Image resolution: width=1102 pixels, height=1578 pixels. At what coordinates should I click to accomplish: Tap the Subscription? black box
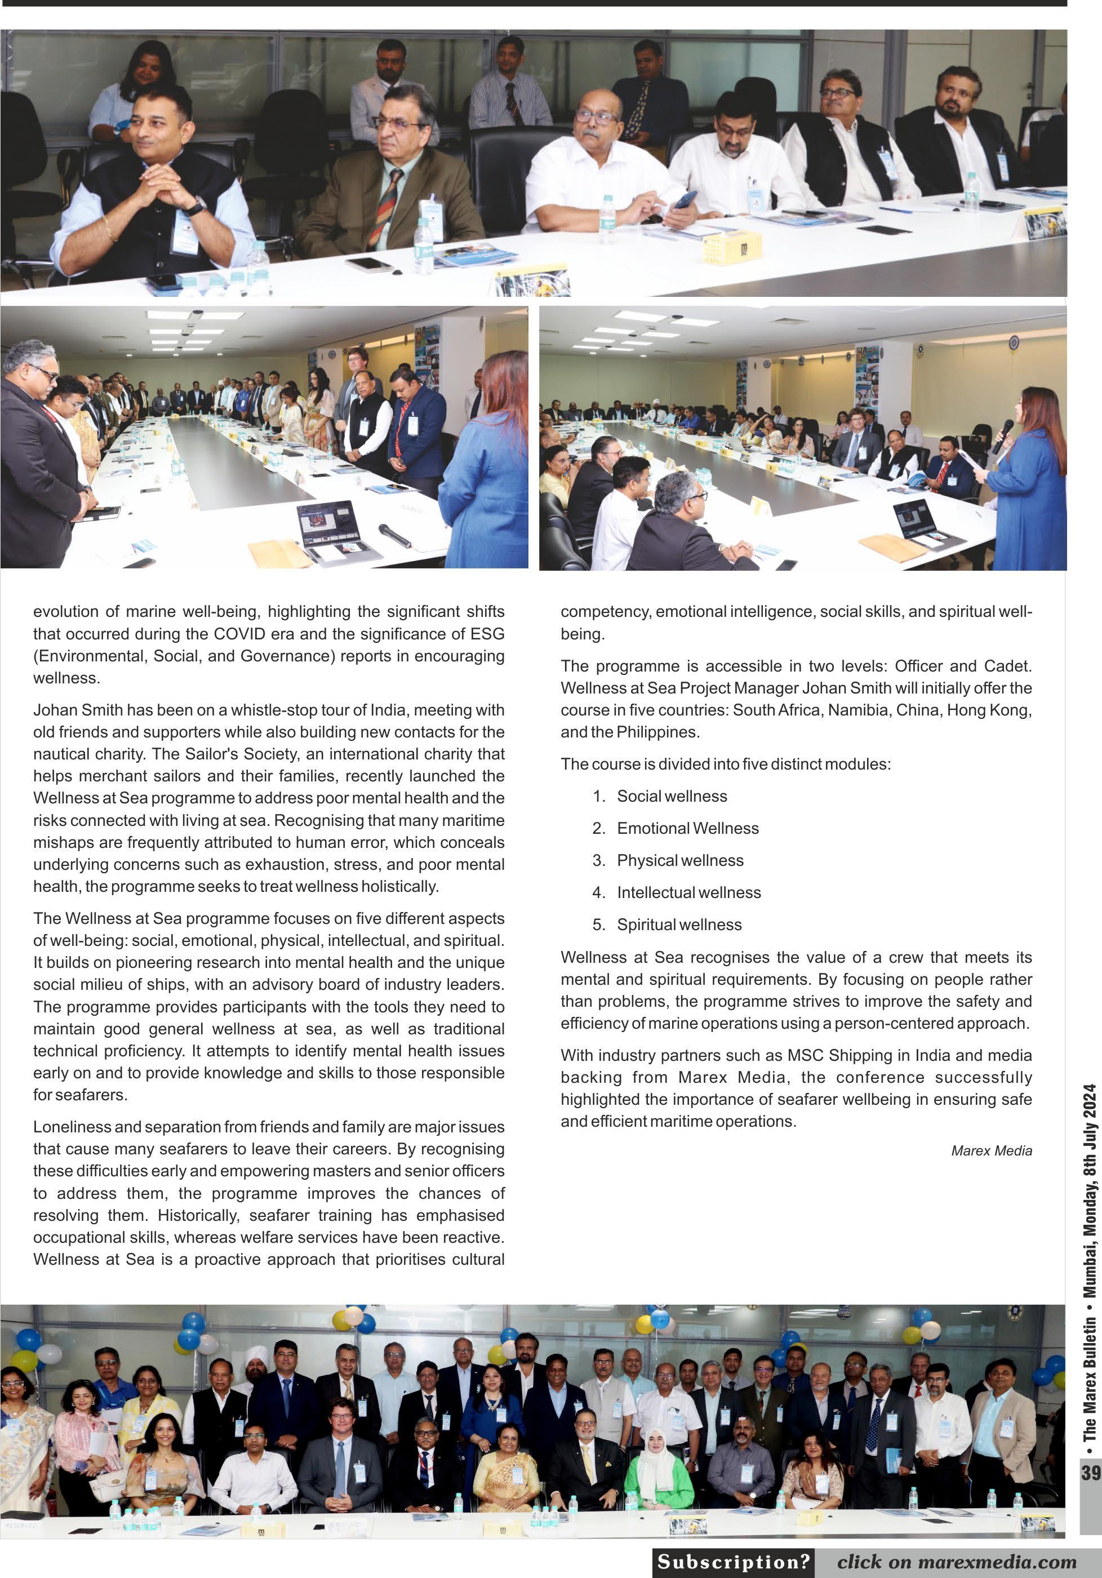pyautogui.click(x=733, y=1562)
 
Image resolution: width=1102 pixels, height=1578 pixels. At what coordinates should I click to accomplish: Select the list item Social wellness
pyautogui.click(x=672, y=796)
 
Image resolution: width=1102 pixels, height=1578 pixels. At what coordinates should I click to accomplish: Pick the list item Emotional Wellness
pyautogui.click(x=687, y=828)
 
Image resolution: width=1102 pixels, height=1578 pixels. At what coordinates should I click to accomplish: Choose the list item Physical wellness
pyautogui.click(x=680, y=860)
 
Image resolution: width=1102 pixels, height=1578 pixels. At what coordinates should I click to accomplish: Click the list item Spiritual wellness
pyautogui.click(x=679, y=924)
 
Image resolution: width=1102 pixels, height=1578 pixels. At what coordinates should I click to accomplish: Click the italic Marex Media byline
pyautogui.click(x=992, y=1150)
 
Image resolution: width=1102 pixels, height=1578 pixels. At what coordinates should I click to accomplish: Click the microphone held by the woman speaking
pyautogui.click(x=1003, y=435)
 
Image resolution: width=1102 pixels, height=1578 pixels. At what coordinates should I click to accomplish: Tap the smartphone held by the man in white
pyautogui.click(x=686, y=200)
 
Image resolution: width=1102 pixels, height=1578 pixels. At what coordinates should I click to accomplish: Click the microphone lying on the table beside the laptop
pyautogui.click(x=394, y=534)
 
